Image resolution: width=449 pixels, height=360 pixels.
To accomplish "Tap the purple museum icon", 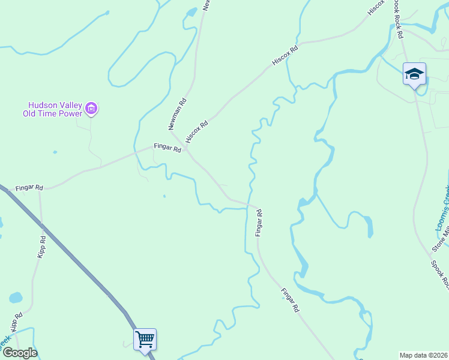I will pyautogui.click(x=91, y=109).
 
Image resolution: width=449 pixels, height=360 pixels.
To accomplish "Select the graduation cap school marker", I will pyautogui.click(x=414, y=74).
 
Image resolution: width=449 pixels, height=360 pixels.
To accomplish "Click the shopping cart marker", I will pyautogui.click(x=145, y=340).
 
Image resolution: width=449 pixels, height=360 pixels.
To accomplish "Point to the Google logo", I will pyautogui.click(x=20, y=352).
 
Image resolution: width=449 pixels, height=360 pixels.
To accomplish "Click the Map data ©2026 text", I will pyautogui.click(x=424, y=355).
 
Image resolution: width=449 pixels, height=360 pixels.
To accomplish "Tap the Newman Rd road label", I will pyautogui.click(x=177, y=115).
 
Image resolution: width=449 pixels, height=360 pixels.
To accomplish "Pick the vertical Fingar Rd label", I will pyautogui.click(x=259, y=223).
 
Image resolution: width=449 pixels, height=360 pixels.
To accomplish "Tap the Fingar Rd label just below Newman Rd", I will pyautogui.click(x=167, y=147).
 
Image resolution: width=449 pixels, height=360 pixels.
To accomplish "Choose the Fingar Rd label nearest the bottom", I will pyautogui.click(x=290, y=301).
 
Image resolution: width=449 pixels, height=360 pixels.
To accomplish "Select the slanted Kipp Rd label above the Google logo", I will pyautogui.click(x=16, y=321).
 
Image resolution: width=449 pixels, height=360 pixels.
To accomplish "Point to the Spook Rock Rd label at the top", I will pyautogui.click(x=397, y=19).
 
